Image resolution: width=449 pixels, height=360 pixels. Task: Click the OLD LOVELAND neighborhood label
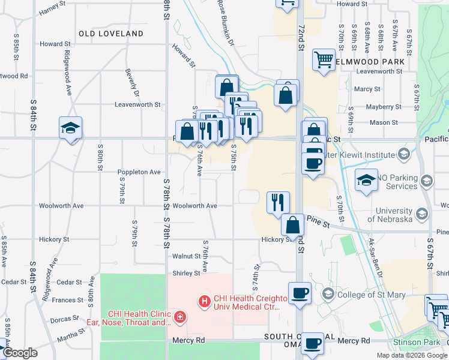coord(111,34)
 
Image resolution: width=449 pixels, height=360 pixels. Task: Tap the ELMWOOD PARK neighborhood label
coord(370,61)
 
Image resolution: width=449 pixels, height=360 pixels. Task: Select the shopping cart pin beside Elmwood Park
coord(324,60)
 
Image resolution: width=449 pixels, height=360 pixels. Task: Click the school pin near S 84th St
coord(70,128)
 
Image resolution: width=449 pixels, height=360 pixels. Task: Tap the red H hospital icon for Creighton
coord(205,300)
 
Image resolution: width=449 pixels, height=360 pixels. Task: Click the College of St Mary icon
coord(328,293)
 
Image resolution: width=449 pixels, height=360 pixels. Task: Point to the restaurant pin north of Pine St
coord(277,202)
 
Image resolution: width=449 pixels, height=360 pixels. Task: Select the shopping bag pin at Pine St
coord(293,225)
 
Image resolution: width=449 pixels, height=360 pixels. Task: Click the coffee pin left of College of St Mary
coord(300,293)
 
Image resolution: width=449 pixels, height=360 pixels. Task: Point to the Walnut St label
coord(185,256)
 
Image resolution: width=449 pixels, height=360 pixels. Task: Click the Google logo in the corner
coord(20,353)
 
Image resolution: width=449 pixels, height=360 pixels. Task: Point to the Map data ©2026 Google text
coord(412,355)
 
